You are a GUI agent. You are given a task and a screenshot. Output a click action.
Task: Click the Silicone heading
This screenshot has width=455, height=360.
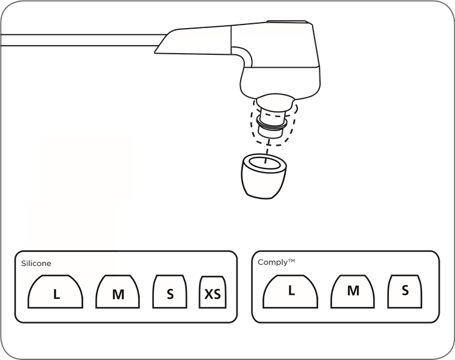click(x=36, y=263)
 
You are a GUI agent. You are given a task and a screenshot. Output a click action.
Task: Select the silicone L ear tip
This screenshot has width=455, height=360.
click(x=56, y=292)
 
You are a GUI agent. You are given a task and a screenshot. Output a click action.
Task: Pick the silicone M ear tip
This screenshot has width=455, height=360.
click(x=117, y=292)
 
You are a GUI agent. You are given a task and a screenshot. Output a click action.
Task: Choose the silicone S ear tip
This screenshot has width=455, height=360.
click(x=169, y=292)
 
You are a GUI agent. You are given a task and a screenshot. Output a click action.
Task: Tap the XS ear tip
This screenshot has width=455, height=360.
click(x=213, y=292)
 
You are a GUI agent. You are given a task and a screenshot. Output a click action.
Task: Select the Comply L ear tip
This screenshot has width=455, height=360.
click(x=290, y=291)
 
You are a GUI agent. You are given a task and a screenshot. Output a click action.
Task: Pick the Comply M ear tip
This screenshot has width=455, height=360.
click(x=352, y=291)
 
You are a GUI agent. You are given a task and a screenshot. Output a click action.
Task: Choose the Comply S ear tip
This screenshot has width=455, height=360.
click(x=404, y=291)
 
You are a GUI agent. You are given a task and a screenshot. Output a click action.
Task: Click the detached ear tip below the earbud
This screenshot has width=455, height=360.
click(x=263, y=176)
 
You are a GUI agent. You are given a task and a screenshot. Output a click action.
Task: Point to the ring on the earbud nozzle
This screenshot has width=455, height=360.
click(x=272, y=124)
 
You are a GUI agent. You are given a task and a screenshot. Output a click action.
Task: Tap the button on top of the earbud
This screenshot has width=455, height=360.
click(x=286, y=22)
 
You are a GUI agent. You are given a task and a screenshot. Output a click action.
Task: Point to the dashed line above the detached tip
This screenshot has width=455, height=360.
click(x=268, y=151)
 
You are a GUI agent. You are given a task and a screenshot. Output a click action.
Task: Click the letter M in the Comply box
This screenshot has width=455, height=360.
click(x=353, y=290)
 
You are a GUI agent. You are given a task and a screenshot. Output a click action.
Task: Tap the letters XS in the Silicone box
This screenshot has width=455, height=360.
click(x=213, y=294)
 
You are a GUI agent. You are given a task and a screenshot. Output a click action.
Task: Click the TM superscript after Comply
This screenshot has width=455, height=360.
click(x=292, y=261)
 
